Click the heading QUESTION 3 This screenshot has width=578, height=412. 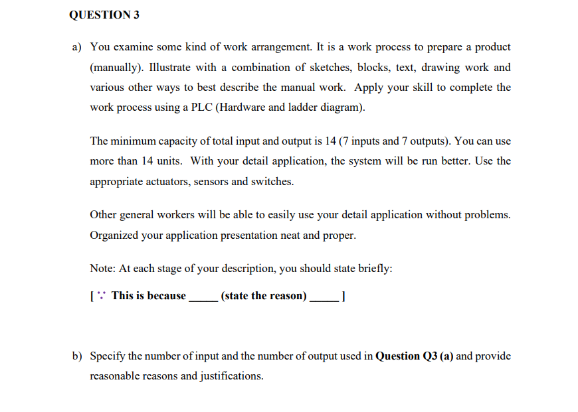104,15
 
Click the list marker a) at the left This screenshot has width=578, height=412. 77,47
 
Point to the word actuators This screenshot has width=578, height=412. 164,180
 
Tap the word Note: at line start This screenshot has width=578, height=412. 103,269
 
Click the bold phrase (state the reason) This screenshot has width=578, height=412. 264,296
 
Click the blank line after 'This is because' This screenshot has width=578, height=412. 203,299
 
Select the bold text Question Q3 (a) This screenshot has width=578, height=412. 414,356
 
